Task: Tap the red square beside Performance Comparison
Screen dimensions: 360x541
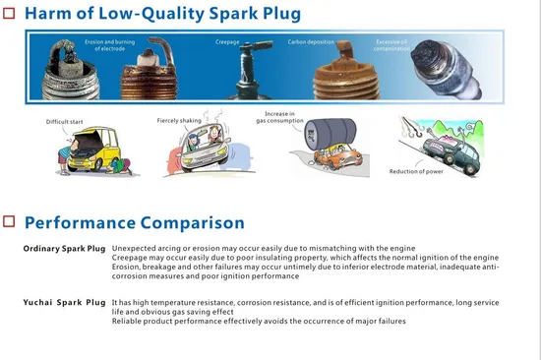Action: pyautogui.click(x=9, y=223)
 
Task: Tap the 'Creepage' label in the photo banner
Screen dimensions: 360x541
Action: pyautogui.click(x=227, y=43)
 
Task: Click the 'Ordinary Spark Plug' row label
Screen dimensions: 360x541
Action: pyautogui.click(x=65, y=249)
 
